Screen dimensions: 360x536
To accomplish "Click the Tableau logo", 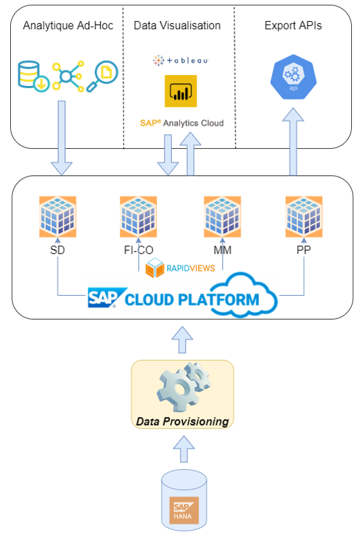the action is point(181,60).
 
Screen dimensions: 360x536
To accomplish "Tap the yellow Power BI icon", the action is point(181,91).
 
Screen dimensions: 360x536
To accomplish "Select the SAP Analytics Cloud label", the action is point(182,123).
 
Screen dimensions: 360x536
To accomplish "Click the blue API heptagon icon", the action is point(293,77).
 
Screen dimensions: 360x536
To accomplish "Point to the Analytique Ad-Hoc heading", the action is point(68,26).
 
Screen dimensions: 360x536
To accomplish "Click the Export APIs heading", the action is point(293,26).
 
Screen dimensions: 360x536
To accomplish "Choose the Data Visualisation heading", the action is point(177,26).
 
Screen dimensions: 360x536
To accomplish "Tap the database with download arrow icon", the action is point(34,76).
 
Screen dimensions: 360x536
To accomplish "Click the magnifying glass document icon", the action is point(102,76).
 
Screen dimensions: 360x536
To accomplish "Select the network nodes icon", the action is point(68,76).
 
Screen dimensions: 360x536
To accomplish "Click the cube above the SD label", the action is point(58,217).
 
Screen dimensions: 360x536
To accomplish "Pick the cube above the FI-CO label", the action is point(139,217).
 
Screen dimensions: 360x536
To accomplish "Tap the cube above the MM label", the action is point(223,217).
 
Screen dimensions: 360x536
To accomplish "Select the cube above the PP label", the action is point(304,217).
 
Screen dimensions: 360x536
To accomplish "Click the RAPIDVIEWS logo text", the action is point(191,269).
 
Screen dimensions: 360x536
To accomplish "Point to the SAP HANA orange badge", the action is point(184,510).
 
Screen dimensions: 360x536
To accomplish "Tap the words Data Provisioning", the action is point(183,422).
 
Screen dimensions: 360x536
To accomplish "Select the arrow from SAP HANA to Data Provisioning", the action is point(184,449).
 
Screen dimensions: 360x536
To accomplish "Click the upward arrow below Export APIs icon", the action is point(293,142).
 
